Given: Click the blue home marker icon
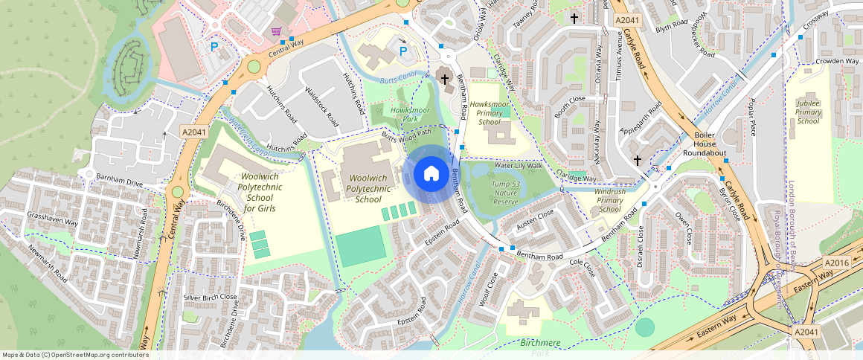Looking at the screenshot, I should click(431, 174).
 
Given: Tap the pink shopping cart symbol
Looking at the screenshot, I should click(277, 31).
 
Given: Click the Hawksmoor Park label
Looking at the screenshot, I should click(411, 115).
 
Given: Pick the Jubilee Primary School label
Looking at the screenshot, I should click(809, 112).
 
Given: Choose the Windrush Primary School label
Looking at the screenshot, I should click(609, 201).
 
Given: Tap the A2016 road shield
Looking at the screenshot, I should click(837, 263).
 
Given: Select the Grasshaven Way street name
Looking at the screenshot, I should click(52, 222).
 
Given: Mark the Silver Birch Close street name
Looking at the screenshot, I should click(211, 297).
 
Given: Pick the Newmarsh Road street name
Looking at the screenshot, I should click(48, 264).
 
